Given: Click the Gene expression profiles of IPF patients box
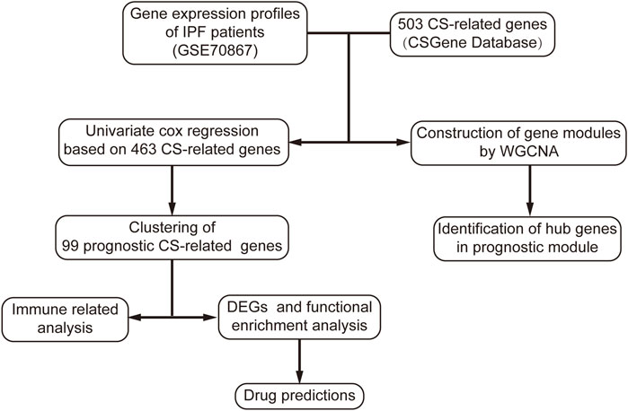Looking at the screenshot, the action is coord(215,33).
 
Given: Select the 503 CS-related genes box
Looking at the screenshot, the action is coord(473,33).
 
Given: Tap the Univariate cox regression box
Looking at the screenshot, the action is coord(173,142).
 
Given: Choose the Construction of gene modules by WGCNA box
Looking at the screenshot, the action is coord(518,143).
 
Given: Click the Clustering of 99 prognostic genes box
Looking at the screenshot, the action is coord(172,237).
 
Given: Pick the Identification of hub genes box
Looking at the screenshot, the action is coord(527,239).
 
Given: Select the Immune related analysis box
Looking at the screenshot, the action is coord(65,319).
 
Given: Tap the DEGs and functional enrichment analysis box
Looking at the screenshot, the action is coord(299,317).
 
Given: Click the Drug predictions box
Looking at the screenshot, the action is coord(299,396).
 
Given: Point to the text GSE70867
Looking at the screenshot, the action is coord(215,51).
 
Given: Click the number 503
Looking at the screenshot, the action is coord(411,24).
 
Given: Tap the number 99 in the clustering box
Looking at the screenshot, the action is coord(70,246).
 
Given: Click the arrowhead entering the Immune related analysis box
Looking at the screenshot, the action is coord(136,318).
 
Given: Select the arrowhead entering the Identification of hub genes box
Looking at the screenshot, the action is coord(530,210).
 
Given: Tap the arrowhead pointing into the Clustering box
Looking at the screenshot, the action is coord(172,208).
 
